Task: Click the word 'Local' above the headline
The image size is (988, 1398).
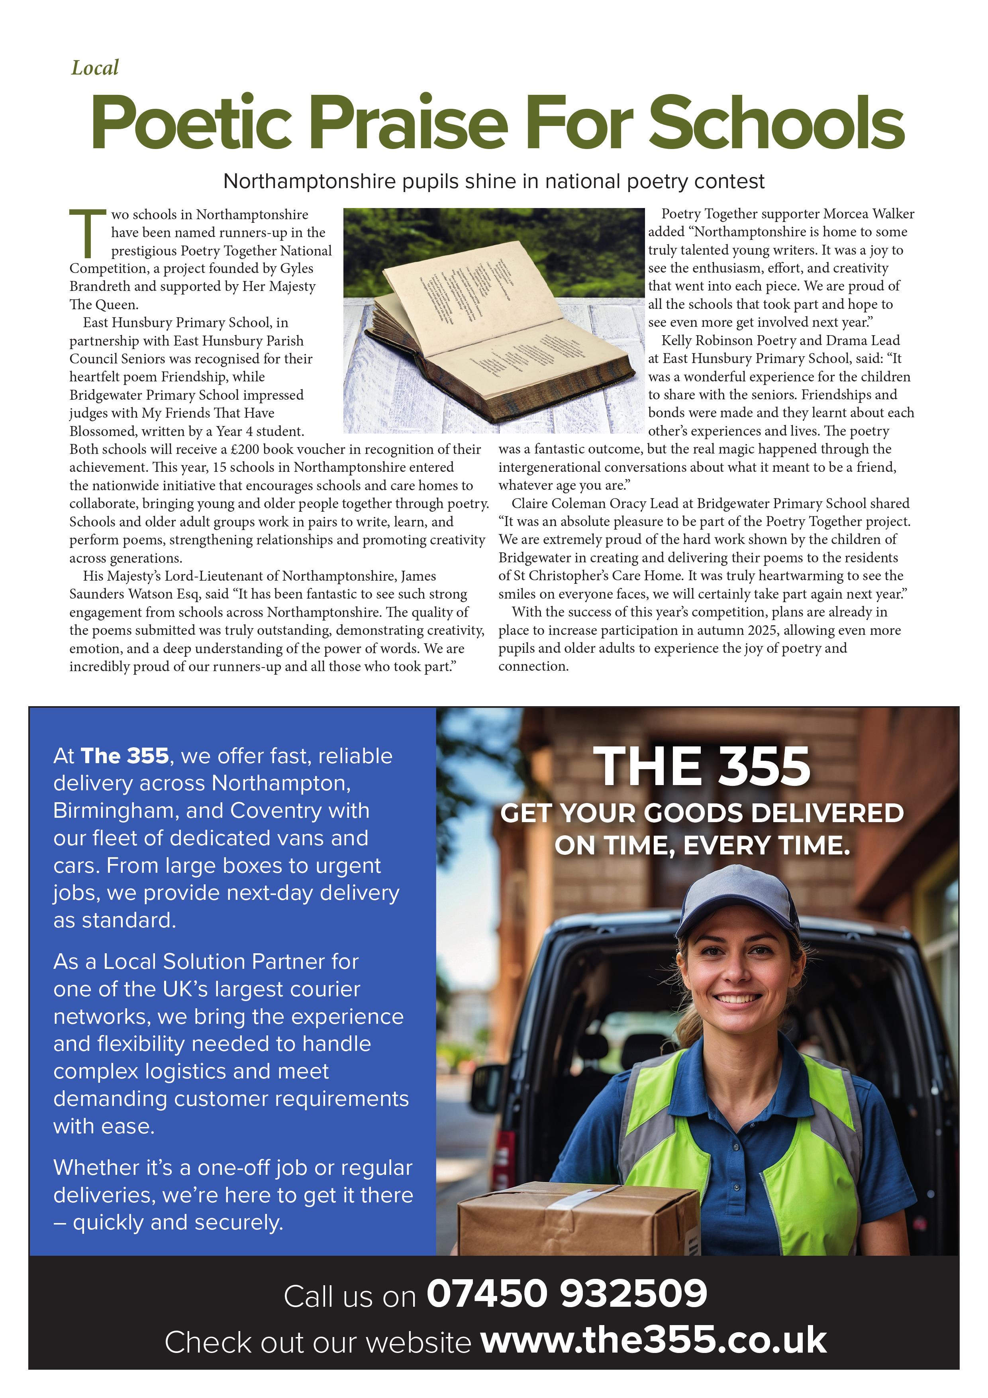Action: point(94,68)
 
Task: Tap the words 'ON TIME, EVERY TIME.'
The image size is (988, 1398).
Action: point(702,846)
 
